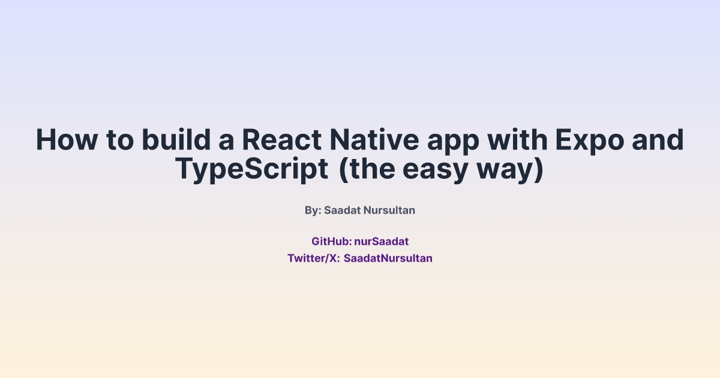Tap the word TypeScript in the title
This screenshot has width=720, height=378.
point(252,169)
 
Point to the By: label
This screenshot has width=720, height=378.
point(313,211)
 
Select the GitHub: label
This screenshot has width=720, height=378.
point(331,242)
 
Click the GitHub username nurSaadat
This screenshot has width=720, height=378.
point(381,242)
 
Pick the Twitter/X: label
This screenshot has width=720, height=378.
point(314,259)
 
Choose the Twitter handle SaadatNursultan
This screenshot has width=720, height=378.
point(388,259)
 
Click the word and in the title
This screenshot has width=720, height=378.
point(663,140)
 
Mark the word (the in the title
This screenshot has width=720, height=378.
point(367,170)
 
